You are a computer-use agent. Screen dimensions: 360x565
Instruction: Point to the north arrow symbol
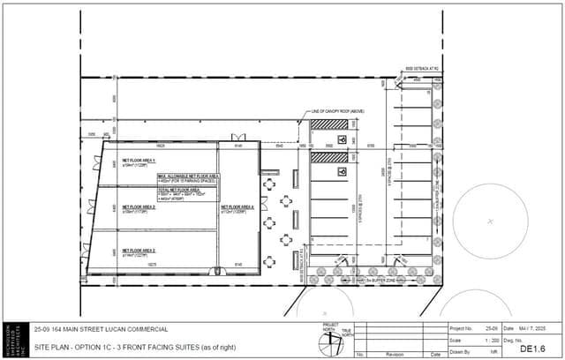[332, 339]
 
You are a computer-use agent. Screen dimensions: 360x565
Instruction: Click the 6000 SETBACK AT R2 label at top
[420, 68]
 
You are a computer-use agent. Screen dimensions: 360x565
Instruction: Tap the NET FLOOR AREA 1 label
[139, 160]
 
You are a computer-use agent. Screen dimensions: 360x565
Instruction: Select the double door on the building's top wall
[238, 136]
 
